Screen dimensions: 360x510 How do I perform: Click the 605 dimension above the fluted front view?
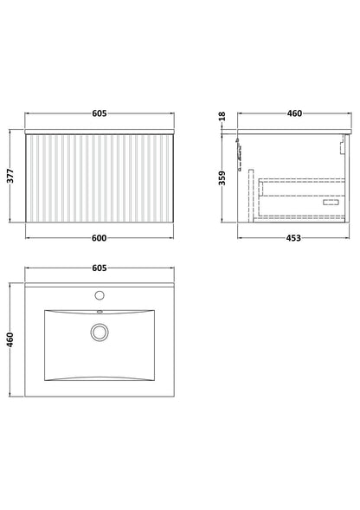click(x=100, y=113)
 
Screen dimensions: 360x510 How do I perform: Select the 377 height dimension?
click(x=10, y=176)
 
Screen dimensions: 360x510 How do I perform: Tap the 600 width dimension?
click(x=99, y=238)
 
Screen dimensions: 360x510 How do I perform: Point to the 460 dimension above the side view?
click(x=294, y=113)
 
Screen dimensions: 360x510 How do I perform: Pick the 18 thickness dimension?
click(x=222, y=116)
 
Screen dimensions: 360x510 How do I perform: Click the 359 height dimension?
click(x=222, y=178)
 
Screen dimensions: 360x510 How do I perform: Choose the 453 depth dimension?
click(x=293, y=238)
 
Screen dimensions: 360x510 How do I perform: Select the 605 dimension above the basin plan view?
click(x=100, y=268)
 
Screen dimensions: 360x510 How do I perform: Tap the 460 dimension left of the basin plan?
click(x=10, y=339)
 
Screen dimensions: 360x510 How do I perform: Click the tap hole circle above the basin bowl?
click(x=100, y=295)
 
